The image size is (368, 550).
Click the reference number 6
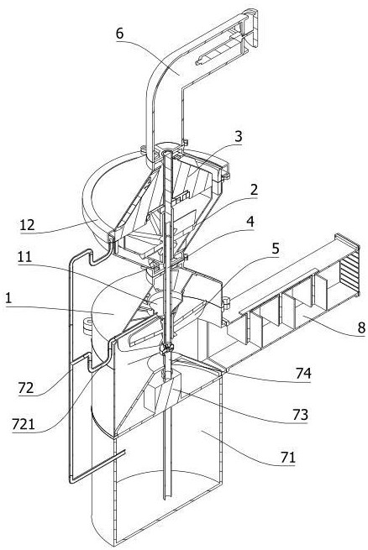click(120, 34)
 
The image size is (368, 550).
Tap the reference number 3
click(239, 136)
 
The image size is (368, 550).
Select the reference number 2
click(254, 190)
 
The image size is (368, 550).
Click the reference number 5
click(276, 249)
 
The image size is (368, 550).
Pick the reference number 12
click(27, 225)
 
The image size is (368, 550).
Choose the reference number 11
click(24, 257)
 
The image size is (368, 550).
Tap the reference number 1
click(8, 299)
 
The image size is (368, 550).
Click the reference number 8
click(361, 327)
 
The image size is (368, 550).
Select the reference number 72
click(26, 388)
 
